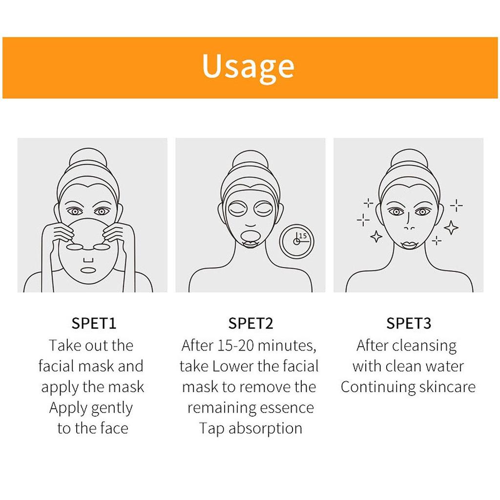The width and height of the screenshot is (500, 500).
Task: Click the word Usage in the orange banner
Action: [248, 67]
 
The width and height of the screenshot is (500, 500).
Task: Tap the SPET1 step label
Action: [94, 323]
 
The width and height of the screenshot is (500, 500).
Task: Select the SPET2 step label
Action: [250, 323]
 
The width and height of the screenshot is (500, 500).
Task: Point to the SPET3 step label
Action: [409, 323]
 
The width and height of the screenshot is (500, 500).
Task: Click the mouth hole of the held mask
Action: [88, 270]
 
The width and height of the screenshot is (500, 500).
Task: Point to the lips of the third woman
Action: [410, 245]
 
